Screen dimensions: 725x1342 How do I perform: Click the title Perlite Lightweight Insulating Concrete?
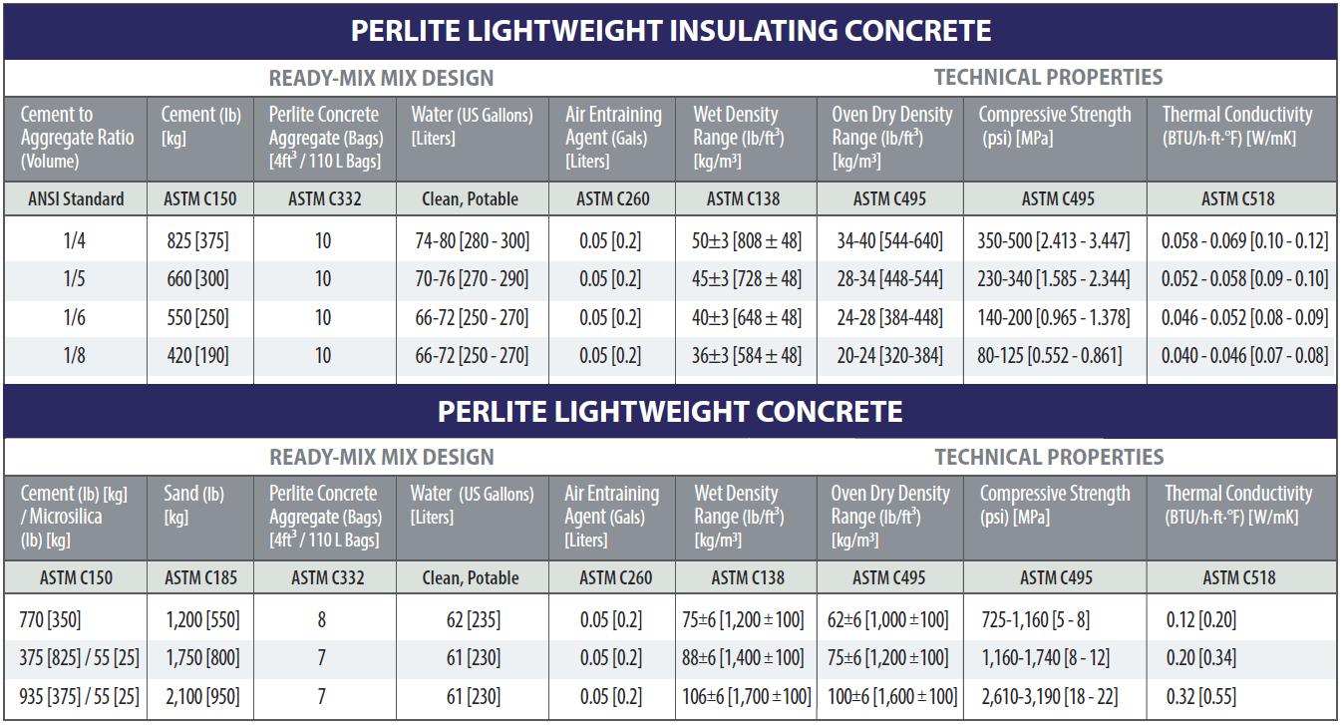click(670, 30)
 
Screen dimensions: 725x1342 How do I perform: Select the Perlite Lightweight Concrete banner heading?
click(670, 411)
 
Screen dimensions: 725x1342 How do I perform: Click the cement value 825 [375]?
click(199, 241)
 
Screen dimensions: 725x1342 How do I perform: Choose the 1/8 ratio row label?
click(74, 356)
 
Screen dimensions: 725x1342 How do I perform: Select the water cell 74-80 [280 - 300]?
click(472, 241)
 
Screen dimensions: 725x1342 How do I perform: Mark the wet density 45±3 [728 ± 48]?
click(747, 279)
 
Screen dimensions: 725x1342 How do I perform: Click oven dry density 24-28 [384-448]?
click(889, 318)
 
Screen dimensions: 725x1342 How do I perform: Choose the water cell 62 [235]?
click(474, 620)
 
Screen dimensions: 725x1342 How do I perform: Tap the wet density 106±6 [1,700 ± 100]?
click(747, 696)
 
